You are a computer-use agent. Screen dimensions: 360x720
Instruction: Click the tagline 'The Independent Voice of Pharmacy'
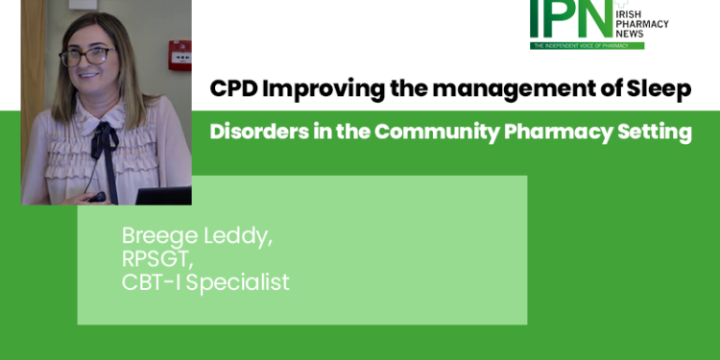[x=587, y=44]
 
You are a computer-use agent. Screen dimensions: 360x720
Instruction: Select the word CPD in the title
[x=233, y=89]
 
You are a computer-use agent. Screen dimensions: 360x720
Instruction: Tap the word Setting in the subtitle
[x=655, y=132]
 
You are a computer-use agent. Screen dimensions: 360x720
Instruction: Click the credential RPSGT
[x=155, y=260]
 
